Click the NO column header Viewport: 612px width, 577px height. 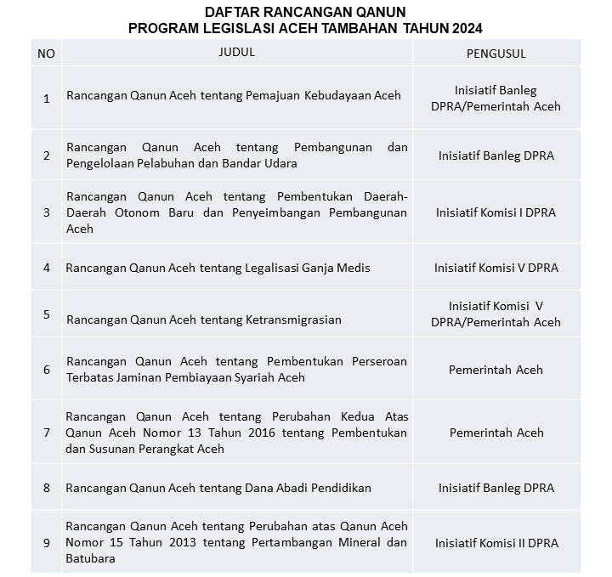(46, 54)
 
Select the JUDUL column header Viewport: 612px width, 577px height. (236, 53)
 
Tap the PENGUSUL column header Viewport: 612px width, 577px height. (496, 54)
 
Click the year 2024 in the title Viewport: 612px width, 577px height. (463, 28)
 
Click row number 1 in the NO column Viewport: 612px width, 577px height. (46, 98)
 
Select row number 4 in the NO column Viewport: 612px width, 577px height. (46, 268)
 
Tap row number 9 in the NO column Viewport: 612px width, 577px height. (46, 542)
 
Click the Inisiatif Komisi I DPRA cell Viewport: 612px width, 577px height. (496, 212)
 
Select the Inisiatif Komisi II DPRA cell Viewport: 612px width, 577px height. (496, 542)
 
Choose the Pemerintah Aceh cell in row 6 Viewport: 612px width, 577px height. (496, 370)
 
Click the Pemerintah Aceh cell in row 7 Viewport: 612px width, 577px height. (496, 433)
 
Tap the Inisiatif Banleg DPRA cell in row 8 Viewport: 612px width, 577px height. (496, 488)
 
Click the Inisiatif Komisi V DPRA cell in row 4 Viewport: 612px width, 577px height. (496, 268)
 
